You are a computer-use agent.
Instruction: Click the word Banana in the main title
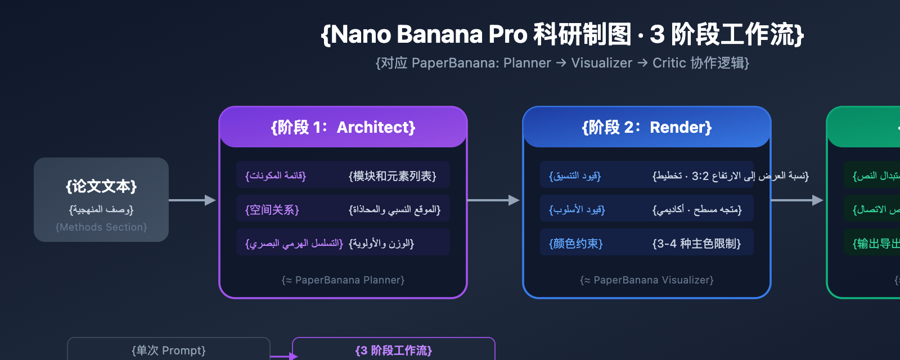tap(439, 35)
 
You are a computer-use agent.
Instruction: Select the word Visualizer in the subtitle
tap(601, 63)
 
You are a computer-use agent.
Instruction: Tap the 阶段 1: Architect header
tap(343, 128)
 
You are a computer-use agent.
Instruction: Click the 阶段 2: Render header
tap(646, 128)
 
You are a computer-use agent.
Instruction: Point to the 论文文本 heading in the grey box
tap(101, 187)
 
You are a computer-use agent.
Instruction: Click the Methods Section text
tap(101, 227)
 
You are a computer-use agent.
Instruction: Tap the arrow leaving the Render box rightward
tap(796, 200)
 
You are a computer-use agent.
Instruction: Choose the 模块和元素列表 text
tap(393, 177)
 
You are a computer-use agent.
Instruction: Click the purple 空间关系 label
tap(272, 210)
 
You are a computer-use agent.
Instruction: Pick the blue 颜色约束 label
tap(575, 244)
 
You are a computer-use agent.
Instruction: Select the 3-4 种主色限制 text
tap(696, 244)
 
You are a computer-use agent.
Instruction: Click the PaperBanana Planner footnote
tap(343, 280)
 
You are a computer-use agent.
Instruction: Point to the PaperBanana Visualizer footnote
tap(647, 280)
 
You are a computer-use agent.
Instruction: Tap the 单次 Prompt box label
tap(169, 351)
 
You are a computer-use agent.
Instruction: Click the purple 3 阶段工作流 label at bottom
tap(394, 351)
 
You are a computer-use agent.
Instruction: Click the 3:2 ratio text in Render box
tap(700, 177)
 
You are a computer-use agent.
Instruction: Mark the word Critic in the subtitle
tap(669, 63)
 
